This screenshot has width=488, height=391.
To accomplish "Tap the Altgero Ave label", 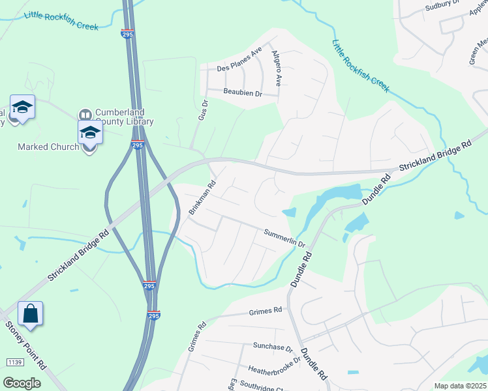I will pos(277,68).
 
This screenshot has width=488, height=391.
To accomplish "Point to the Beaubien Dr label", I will pos(242,93).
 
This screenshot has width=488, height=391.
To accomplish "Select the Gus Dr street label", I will pos(203,109).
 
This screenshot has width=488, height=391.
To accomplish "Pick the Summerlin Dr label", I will pos(284,237).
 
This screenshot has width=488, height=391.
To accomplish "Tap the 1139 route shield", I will pos(14,362).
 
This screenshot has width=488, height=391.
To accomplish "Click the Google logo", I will pos(22,383).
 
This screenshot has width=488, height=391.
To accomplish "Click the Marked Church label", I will pos(48,147).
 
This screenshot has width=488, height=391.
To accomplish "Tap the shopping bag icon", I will pos(31,314).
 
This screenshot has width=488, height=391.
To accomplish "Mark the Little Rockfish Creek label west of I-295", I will pos(61,21).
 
